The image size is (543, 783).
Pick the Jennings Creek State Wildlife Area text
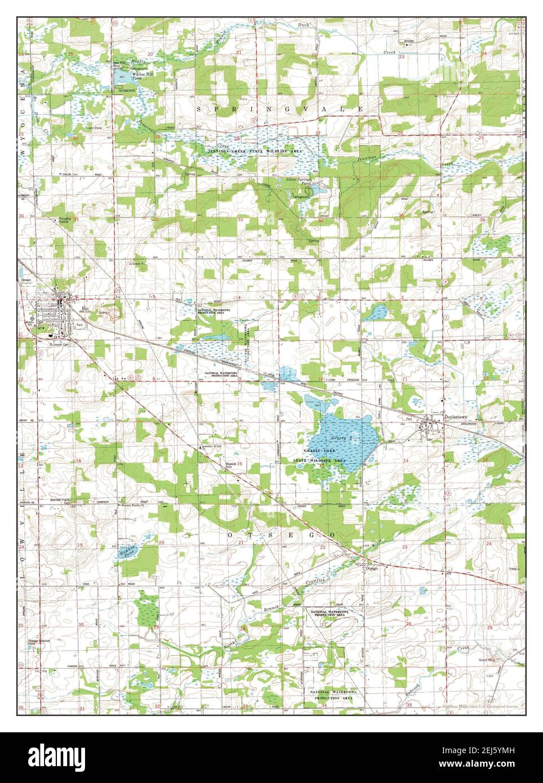click(x=253, y=152)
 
